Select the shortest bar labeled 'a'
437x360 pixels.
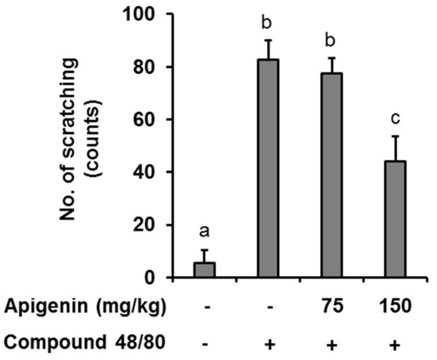coord(205,270)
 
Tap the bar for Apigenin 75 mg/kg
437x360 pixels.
coord(332,175)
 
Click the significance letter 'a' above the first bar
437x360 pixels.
coord(205,233)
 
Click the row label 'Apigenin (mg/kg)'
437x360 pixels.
coord(85,307)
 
